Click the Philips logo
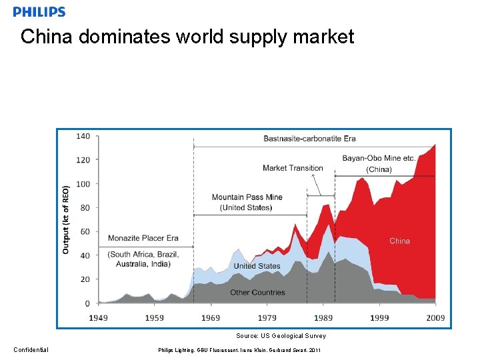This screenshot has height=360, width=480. [39, 11]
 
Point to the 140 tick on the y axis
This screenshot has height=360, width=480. [83, 136]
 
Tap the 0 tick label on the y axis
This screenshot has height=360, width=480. [87, 303]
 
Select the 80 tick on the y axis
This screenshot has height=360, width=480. [85, 208]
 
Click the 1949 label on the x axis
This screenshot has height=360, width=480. [98, 318]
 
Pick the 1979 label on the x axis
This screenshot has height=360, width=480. [267, 318]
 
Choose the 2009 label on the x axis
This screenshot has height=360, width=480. [435, 318]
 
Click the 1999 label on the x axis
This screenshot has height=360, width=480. [379, 318]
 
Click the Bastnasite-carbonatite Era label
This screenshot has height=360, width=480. [309, 139]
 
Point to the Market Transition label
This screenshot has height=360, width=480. [293, 168]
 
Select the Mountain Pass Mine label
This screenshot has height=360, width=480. [247, 197]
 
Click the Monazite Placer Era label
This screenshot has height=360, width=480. [143, 238]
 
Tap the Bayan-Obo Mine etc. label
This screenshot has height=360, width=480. [379, 159]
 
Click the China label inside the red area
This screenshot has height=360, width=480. [399, 241]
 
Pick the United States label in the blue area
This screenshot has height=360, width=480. [257, 266]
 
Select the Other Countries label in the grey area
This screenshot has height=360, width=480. [257, 293]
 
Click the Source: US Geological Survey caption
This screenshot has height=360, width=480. [281, 336]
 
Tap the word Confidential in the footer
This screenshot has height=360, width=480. [31, 350]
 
